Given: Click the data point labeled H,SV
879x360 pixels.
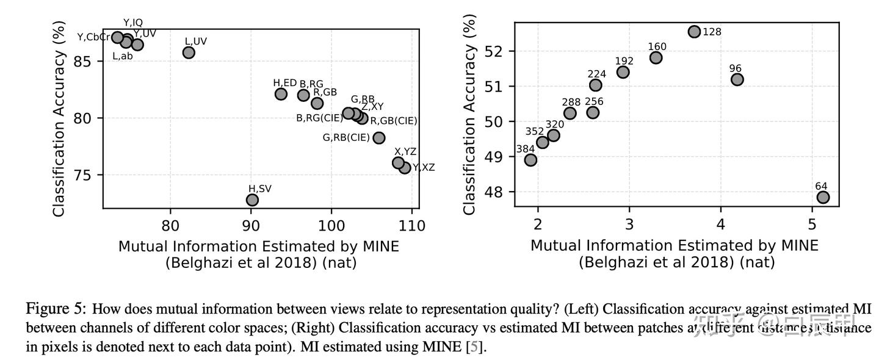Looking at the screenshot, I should click(252, 200).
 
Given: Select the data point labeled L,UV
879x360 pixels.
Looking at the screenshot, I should click(189, 52).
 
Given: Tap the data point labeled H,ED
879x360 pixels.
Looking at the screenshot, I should click(281, 94).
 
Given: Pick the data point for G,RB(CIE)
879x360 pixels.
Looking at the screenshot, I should click(378, 138).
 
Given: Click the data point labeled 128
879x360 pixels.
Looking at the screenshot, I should click(694, 31).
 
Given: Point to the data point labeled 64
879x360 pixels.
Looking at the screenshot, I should click(823, 197).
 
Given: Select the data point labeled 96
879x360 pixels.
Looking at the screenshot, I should click(737, 79).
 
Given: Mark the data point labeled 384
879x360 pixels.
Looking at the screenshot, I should click(530, 160).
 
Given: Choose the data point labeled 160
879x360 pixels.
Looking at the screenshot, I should click(656, 57).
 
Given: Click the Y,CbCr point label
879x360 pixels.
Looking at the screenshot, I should click(93, 37).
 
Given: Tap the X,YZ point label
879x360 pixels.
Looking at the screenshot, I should click(405, 151).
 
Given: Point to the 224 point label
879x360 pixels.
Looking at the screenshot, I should click(596, 74).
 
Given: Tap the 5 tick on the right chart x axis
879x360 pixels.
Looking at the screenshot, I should click(812, 223).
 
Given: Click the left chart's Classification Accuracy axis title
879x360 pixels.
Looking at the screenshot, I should click(59, 116).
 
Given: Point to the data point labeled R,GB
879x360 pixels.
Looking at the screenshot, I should click(317, 103).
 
